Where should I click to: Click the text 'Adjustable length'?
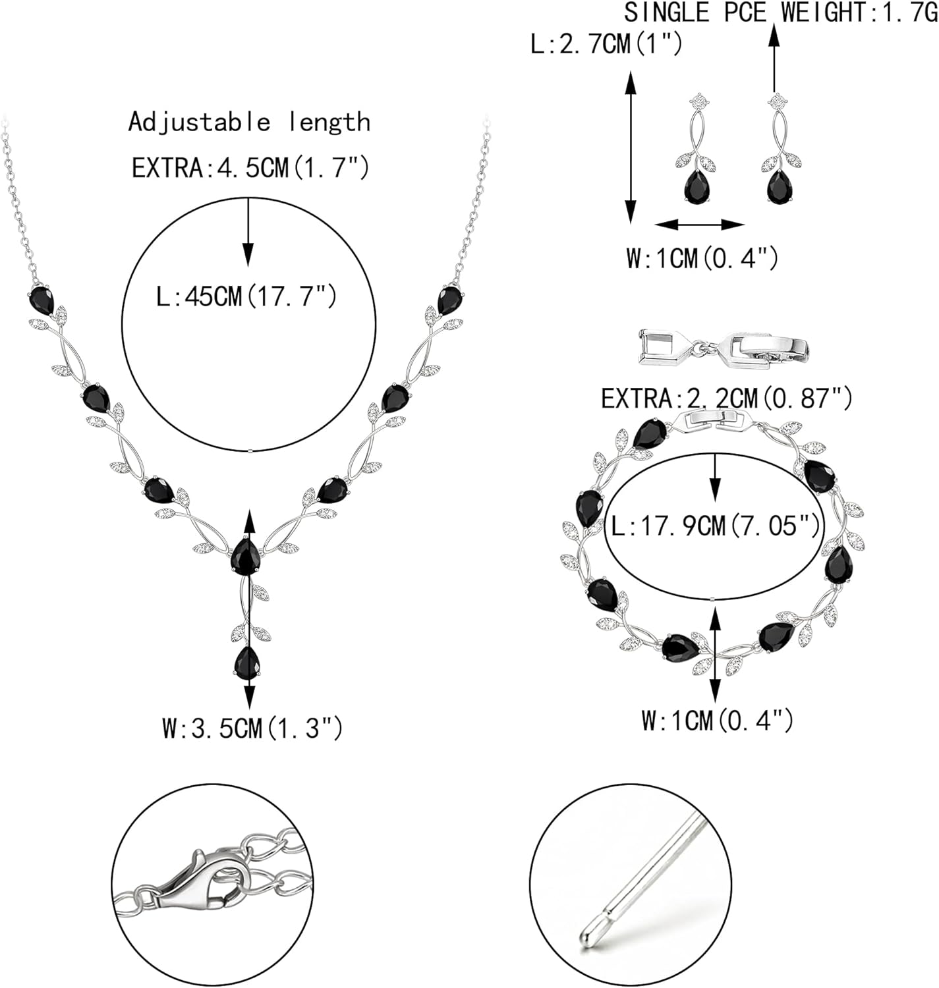tap(249, 123)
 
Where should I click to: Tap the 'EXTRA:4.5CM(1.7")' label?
tap(250, 168)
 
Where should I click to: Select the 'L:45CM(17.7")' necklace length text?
tap(246, 296)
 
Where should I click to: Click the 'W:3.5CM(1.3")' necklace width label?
tap(252, 728)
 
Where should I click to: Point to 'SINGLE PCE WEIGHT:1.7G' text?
tap(781, 13)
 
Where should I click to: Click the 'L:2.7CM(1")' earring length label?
tap(606, 45)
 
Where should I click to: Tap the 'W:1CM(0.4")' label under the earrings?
tap(702, 258)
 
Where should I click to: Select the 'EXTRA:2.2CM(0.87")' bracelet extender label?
tap(727, 398)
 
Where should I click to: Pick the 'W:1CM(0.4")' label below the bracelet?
tap(717, 720)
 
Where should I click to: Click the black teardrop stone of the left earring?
tap(696, 188)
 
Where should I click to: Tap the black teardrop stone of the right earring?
tap(779, 188)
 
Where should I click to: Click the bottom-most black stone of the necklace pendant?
tap(246, 662)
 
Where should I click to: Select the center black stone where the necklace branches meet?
tap(244, 557)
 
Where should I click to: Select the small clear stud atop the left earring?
tap(698, 101)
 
